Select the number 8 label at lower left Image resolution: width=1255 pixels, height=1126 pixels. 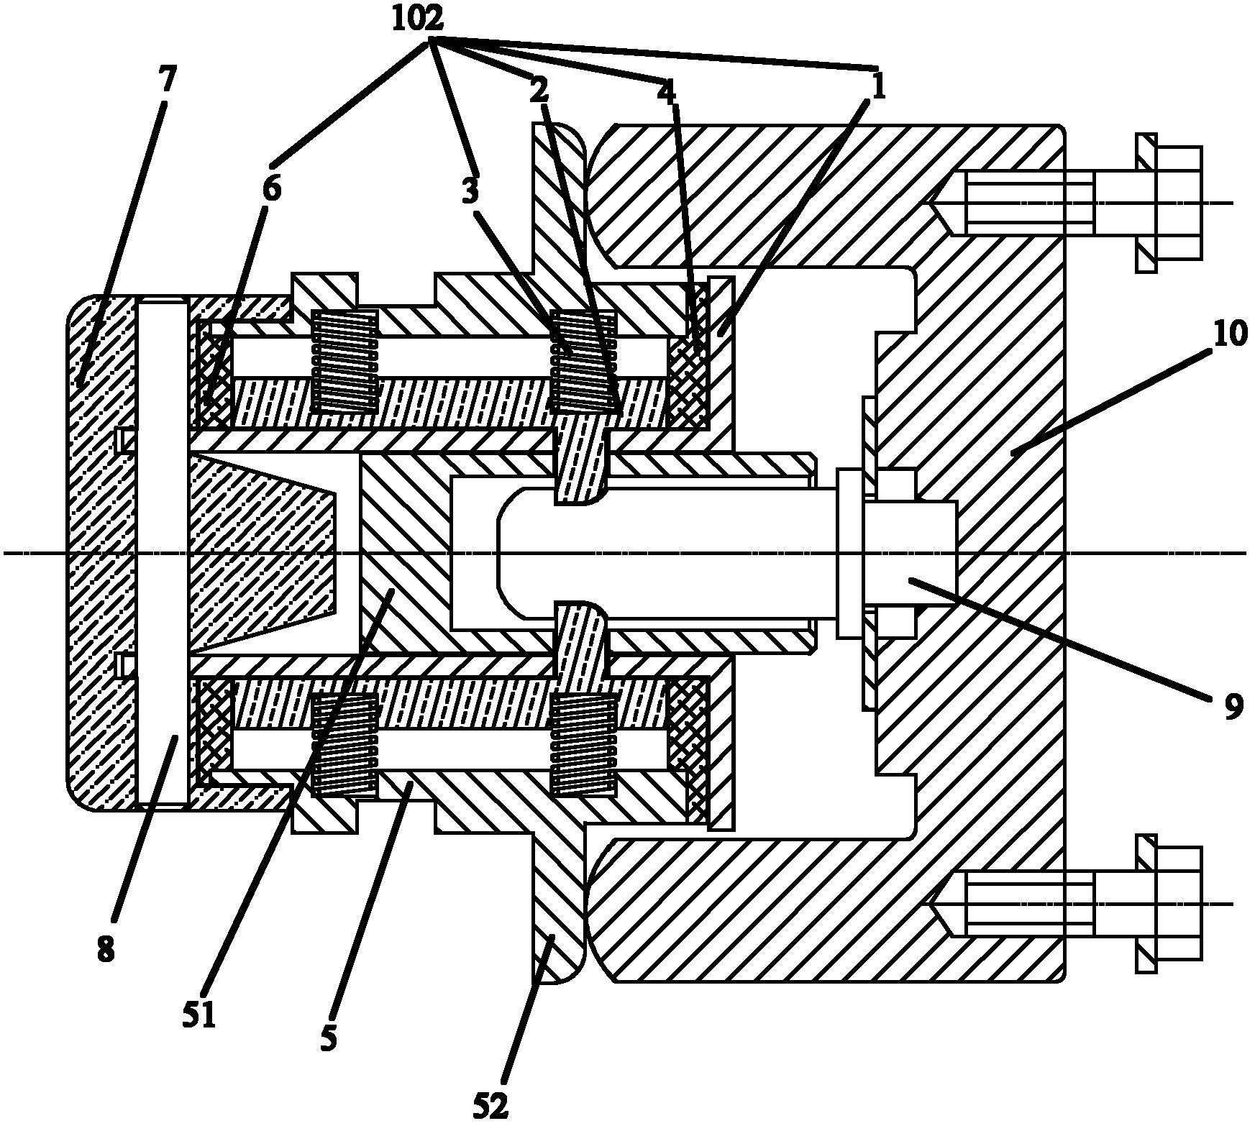pos(105,950)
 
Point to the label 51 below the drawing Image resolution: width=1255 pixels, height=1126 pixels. pos(199,1016)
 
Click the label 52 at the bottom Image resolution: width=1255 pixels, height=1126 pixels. pos(492,1106)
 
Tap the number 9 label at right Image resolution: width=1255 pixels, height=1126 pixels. pos(1231,707)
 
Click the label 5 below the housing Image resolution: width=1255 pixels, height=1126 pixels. pos(328,1038)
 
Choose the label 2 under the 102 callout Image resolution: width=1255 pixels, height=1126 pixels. pos(539,90)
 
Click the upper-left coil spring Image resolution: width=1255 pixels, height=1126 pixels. pos(344,360)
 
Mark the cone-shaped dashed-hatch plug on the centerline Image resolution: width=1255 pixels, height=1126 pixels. pos(263,554)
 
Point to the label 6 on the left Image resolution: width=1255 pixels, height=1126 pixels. pos(271,189)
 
